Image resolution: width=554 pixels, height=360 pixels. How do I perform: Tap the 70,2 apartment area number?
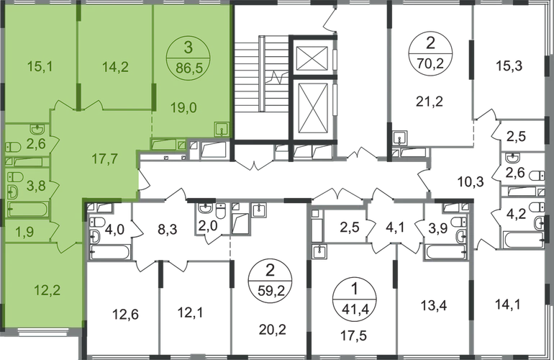pyautogui.click(x=431, y=65)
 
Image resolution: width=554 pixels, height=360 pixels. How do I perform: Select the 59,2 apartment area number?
pyautogui.click(x=271, y=292)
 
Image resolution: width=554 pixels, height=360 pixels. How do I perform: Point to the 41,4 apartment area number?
pyautogui.click(x=355, y=310)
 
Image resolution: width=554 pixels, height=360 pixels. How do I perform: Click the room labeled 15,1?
pyautogui.click(x=40, y=66)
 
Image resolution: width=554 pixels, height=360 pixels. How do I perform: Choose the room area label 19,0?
pyautogui.click(x=183, y=107)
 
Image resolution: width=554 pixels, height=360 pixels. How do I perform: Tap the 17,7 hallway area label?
pyautogui.click(x=104, y=159)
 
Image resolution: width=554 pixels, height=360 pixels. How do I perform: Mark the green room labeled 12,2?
pyautogui.click(x=47, y=290)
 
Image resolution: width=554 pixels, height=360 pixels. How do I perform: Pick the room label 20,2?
pyautogui.click(x=273, y=330)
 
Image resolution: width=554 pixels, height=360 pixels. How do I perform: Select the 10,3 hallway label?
pyautogui.click(x=471, y=181)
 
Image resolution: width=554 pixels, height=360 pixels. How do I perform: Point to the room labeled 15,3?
pyautogui.click(x=509, y=66)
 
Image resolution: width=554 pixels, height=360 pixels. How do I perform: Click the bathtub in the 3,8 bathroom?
pyautogui.click(x=27, y=209)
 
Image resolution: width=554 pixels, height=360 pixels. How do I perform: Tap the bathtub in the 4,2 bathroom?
pyautogui.click(x=523, y=240)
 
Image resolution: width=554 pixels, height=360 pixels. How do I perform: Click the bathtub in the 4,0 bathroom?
pyautogui.click(x=110, y=252)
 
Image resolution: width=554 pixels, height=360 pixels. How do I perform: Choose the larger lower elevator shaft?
pyautogui.click(x=312, y=109)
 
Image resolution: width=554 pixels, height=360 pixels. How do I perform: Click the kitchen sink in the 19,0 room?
pyautogui.click(x=222, y=129)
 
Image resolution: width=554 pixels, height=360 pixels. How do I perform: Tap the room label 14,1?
pyautogui.click(x=507, y=304)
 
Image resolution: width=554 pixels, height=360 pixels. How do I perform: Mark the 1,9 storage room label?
pyautogui.click(x=24, y=232)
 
